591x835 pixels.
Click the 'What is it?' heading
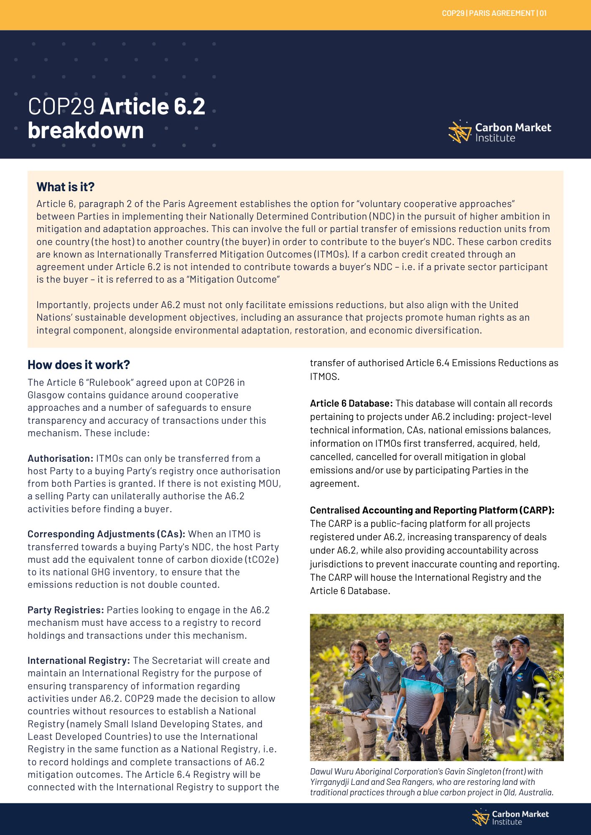65,187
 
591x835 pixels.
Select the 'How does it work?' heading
79,365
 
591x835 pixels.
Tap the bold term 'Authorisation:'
60,458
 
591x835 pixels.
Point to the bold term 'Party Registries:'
66,610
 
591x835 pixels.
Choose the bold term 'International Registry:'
79,660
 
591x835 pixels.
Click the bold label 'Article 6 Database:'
351,403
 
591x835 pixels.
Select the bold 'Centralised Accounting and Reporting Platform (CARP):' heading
432,510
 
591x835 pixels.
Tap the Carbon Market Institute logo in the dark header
499,132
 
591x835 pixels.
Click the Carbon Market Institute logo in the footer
510,817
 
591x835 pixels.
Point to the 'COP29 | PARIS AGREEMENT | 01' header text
494,13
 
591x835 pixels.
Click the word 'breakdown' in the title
86,130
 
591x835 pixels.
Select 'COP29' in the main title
61,106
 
